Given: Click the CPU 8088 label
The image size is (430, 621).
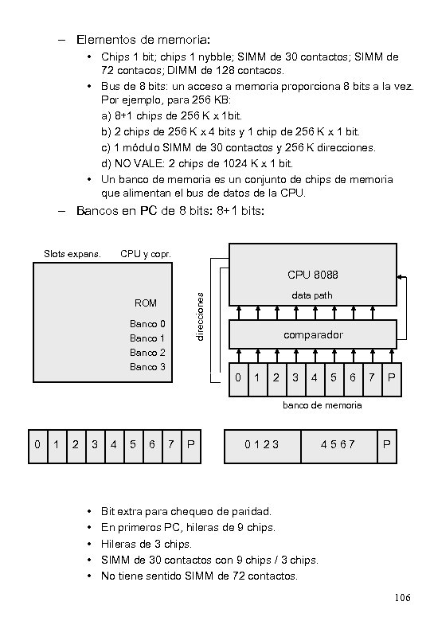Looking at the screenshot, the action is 313,275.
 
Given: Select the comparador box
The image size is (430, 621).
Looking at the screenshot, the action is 313,334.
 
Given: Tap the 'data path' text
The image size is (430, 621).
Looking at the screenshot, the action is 312,295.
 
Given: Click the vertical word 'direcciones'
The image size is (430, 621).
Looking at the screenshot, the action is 201,317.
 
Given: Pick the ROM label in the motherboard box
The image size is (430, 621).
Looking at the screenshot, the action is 145,303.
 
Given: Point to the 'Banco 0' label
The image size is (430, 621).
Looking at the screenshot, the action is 147,324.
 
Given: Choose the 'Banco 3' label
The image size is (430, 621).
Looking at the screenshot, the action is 147,367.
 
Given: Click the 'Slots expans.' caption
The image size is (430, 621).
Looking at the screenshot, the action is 72,254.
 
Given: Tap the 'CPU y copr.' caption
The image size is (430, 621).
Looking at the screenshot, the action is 146,254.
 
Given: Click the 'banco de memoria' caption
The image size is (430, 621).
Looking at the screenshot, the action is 322,405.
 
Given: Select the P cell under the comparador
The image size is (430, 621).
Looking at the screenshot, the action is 392,380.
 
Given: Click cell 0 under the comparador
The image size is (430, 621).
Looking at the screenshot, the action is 238,380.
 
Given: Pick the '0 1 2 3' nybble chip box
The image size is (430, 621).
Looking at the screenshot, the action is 263,447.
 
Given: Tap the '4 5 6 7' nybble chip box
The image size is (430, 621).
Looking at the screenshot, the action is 339,447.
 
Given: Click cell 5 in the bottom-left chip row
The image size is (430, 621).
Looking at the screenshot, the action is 133,447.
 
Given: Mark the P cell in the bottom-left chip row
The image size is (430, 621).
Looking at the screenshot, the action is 191,447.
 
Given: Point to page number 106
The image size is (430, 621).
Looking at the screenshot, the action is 402,597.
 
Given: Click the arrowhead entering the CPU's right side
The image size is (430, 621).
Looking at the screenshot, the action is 400,277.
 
